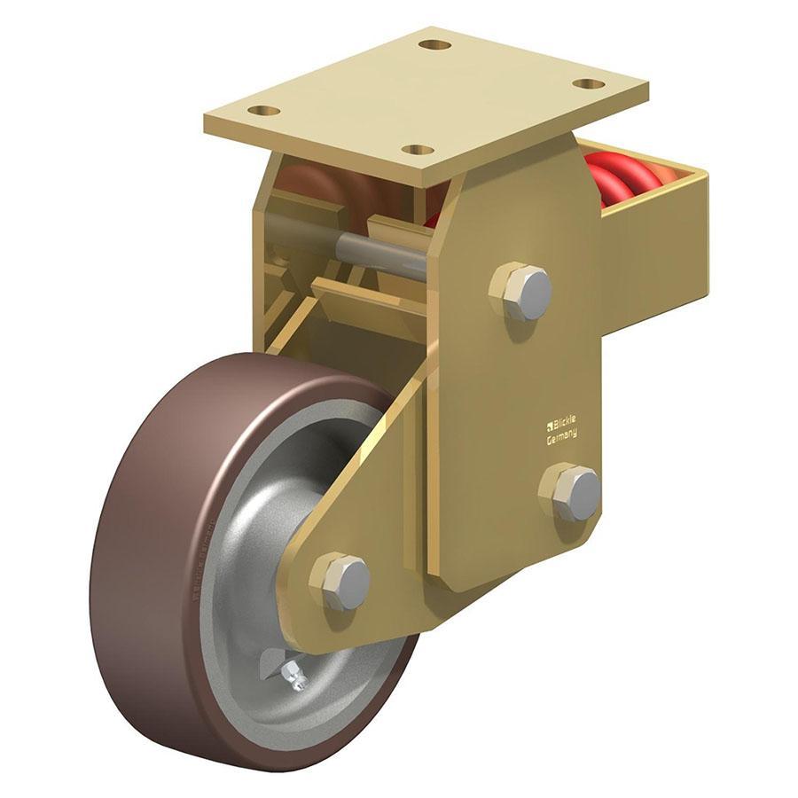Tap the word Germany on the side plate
(562, 434)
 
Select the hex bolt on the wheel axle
(341, 583)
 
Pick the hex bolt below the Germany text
(572, 492)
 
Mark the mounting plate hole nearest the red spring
(588, 83)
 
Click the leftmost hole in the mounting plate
(263, 111)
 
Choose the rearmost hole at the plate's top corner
(434, 44)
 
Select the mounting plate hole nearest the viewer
(418, 149)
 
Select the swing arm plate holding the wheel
(372, 497)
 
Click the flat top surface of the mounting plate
(426, 93)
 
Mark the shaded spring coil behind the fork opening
(310, 191)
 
